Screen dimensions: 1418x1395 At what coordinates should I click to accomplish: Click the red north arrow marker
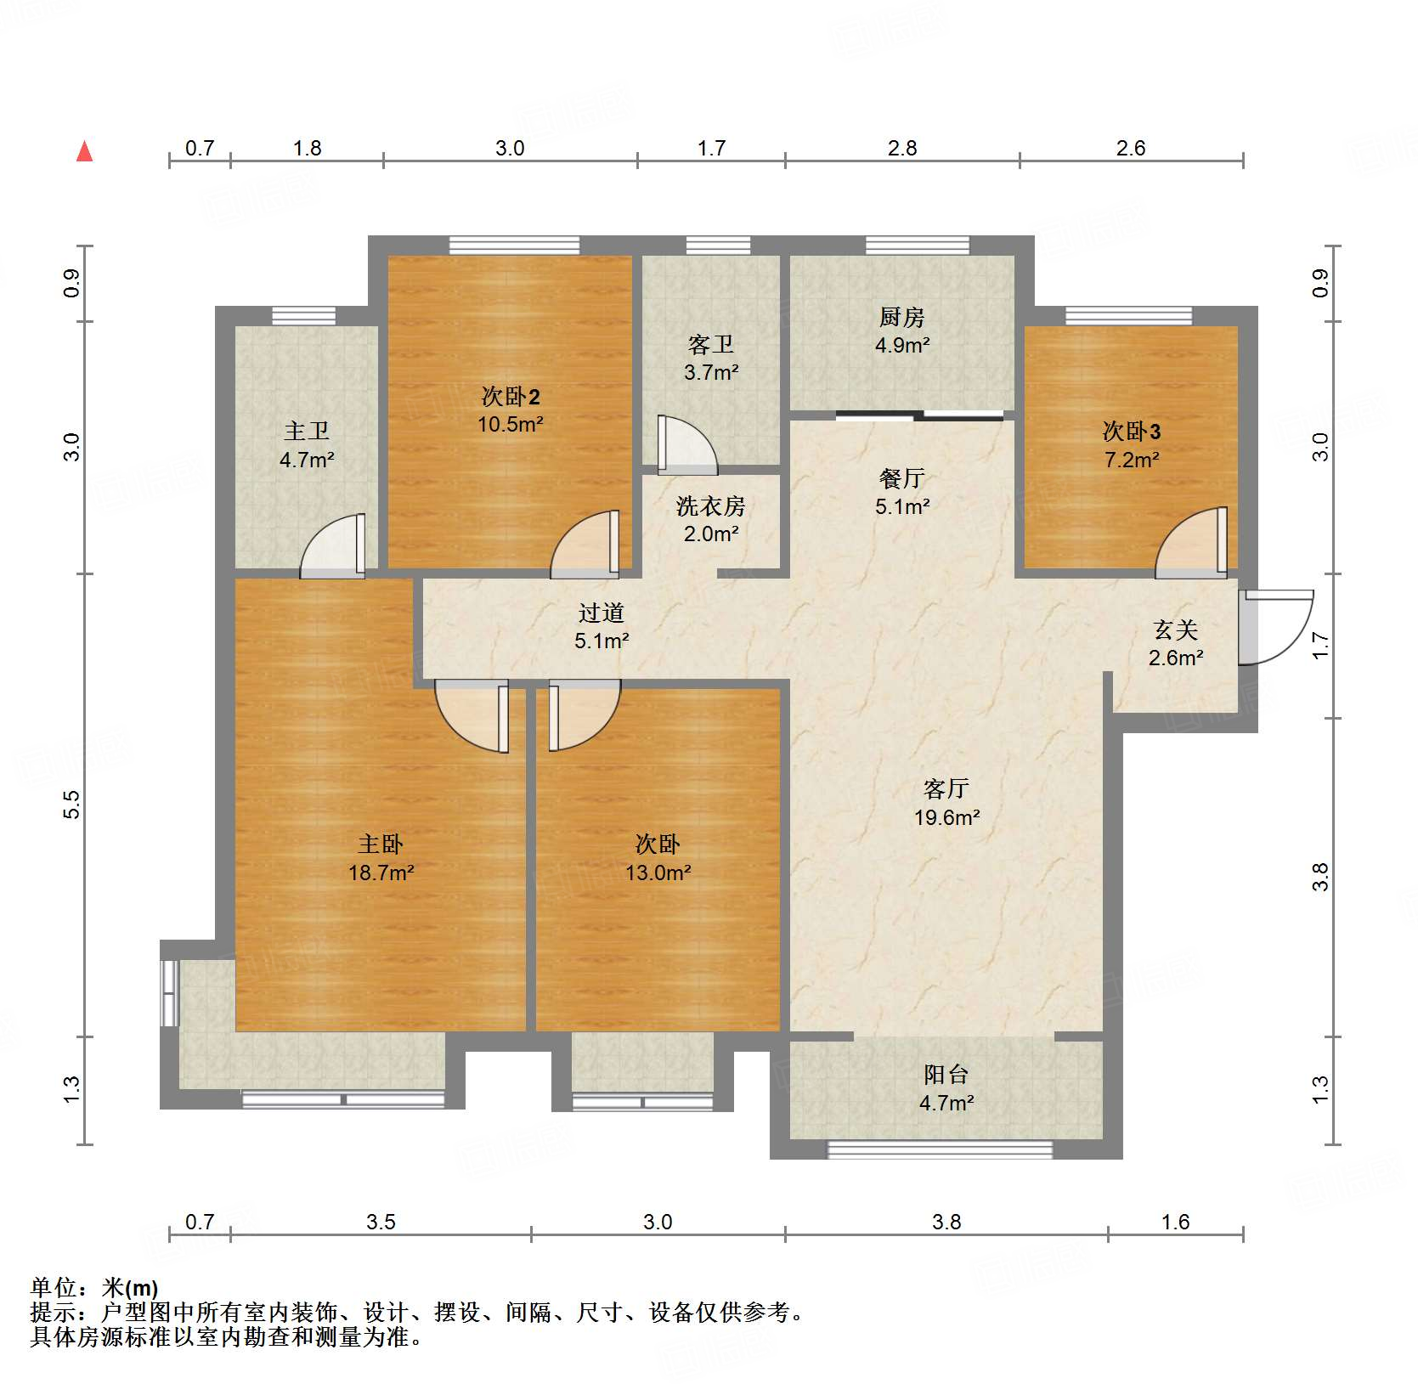85,151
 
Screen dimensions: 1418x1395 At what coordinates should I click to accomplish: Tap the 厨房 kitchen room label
901,318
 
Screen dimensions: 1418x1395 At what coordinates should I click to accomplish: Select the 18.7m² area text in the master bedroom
381,873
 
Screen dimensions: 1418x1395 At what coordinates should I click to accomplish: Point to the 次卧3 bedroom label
1131,432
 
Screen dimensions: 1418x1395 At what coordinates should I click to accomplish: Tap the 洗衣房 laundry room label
710,506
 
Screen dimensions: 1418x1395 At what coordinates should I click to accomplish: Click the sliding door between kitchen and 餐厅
919,415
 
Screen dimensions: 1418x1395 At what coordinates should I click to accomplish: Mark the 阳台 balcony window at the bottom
940,1149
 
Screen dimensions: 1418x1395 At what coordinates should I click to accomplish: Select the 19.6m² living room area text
946,817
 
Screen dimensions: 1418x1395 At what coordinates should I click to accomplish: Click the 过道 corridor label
601,613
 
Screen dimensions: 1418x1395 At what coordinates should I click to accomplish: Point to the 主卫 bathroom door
333,546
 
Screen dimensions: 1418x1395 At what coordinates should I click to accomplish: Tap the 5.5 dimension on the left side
72,804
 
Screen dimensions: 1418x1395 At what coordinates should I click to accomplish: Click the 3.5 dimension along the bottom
381,1222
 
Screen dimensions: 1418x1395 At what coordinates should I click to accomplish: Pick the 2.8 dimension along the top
902,148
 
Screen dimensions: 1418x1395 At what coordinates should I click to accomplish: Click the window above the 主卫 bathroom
304,316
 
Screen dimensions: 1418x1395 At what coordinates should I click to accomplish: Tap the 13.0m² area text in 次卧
658,873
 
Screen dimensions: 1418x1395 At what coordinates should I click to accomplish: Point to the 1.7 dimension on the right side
1319,646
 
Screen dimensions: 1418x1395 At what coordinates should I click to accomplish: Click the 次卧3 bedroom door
1191,542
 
